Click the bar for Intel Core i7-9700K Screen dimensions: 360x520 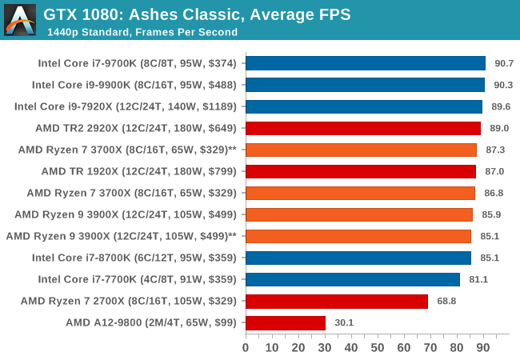[365, 63]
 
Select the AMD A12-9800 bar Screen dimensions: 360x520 [285, 322]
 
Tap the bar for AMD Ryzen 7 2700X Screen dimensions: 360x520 [336, 301]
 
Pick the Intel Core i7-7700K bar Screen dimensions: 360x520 [352, 279]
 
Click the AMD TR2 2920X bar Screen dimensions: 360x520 [362, 128]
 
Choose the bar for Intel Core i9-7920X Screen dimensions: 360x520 [363, 106]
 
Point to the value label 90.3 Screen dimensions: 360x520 [504, 85]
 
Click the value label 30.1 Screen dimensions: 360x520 [345, 322]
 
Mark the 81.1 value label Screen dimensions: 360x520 [479, 279]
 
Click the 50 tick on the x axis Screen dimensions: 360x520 [378, 348]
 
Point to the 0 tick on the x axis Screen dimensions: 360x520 [246, 348]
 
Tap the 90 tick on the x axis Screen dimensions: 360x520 [483, 348]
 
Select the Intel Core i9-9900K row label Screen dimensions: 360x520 [134, 85]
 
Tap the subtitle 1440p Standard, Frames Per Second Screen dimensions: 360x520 [142, 32]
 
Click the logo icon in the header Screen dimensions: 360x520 [20, 20]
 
